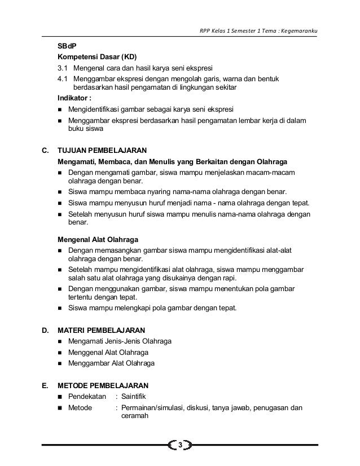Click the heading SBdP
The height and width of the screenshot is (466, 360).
[67, 46]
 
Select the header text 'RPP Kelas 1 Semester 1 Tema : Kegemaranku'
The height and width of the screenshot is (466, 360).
[259, 30]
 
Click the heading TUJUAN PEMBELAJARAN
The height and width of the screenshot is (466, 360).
[103, 151]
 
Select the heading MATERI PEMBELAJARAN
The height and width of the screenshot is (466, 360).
[101, 329]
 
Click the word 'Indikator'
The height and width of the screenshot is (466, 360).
[74, 98]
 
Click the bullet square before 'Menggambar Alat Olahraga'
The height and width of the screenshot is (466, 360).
[60, 364]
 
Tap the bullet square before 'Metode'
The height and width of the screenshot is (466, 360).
[60, 408]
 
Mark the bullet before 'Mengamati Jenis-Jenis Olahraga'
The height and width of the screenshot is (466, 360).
[60, 341]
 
